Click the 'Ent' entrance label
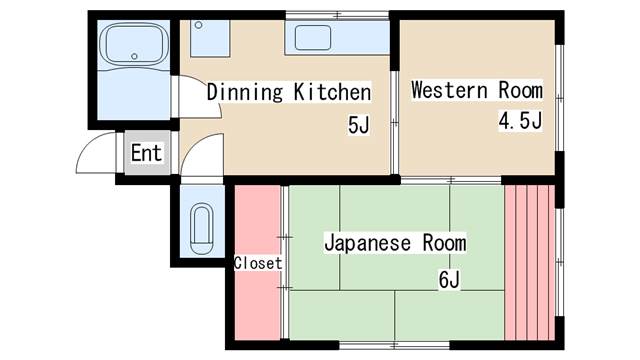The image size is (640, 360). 146,154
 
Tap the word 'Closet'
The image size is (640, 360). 258,263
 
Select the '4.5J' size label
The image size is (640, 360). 520,122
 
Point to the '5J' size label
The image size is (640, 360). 357,126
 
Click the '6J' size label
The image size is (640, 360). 448,279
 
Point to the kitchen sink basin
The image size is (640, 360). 313,39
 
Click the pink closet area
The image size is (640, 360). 257,300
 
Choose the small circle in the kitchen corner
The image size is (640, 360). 198,24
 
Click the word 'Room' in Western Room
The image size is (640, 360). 520,91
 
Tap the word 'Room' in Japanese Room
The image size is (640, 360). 445,243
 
